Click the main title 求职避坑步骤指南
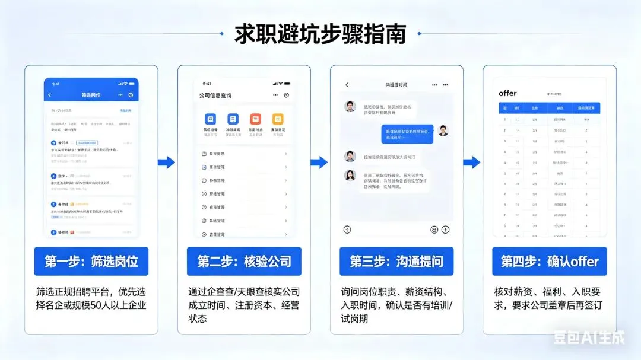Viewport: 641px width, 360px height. [x=320, y=34]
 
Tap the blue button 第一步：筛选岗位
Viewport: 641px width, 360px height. [x=91, y=262]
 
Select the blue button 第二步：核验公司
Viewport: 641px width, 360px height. [x=244, y=262]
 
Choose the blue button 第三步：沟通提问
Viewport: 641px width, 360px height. [x=396, y=262]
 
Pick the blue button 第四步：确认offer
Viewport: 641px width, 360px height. [x=550, y=262]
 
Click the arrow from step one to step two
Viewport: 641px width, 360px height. [x=167, y=163]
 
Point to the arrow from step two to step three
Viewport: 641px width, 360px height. [x=319, y=163]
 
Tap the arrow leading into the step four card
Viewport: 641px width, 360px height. [x=472, y=163]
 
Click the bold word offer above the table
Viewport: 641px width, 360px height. [x=507, y=93]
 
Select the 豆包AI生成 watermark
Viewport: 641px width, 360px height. [x=589, y=338]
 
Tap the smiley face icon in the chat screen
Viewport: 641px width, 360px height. [x=434, y=230]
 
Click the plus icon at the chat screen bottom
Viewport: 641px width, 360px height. [x=445, y=230]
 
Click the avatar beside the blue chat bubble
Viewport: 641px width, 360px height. [x=443, y=130]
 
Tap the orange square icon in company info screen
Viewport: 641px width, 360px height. [x=255, y=119]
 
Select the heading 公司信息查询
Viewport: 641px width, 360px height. [x=215, y=95]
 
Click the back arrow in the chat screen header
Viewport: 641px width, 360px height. [x=347, y=85]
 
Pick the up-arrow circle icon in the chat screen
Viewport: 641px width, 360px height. [x=347, y=230]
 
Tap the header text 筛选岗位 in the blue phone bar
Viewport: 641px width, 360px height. [x=91, y=95]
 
